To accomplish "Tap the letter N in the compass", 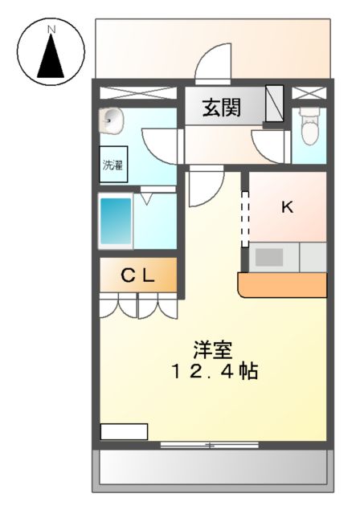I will coord(51,30).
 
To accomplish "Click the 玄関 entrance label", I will coord(221,108).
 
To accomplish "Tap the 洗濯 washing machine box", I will coord(112,165).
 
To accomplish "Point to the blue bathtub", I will coord(115,221).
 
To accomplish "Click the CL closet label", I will coord(137,276).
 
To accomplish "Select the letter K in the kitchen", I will coord(287,207).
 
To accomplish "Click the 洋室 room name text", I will coord(212,350).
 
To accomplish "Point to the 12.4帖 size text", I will coord(213,373).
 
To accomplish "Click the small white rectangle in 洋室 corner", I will coord(124,432).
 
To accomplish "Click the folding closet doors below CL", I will coord(138,306).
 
